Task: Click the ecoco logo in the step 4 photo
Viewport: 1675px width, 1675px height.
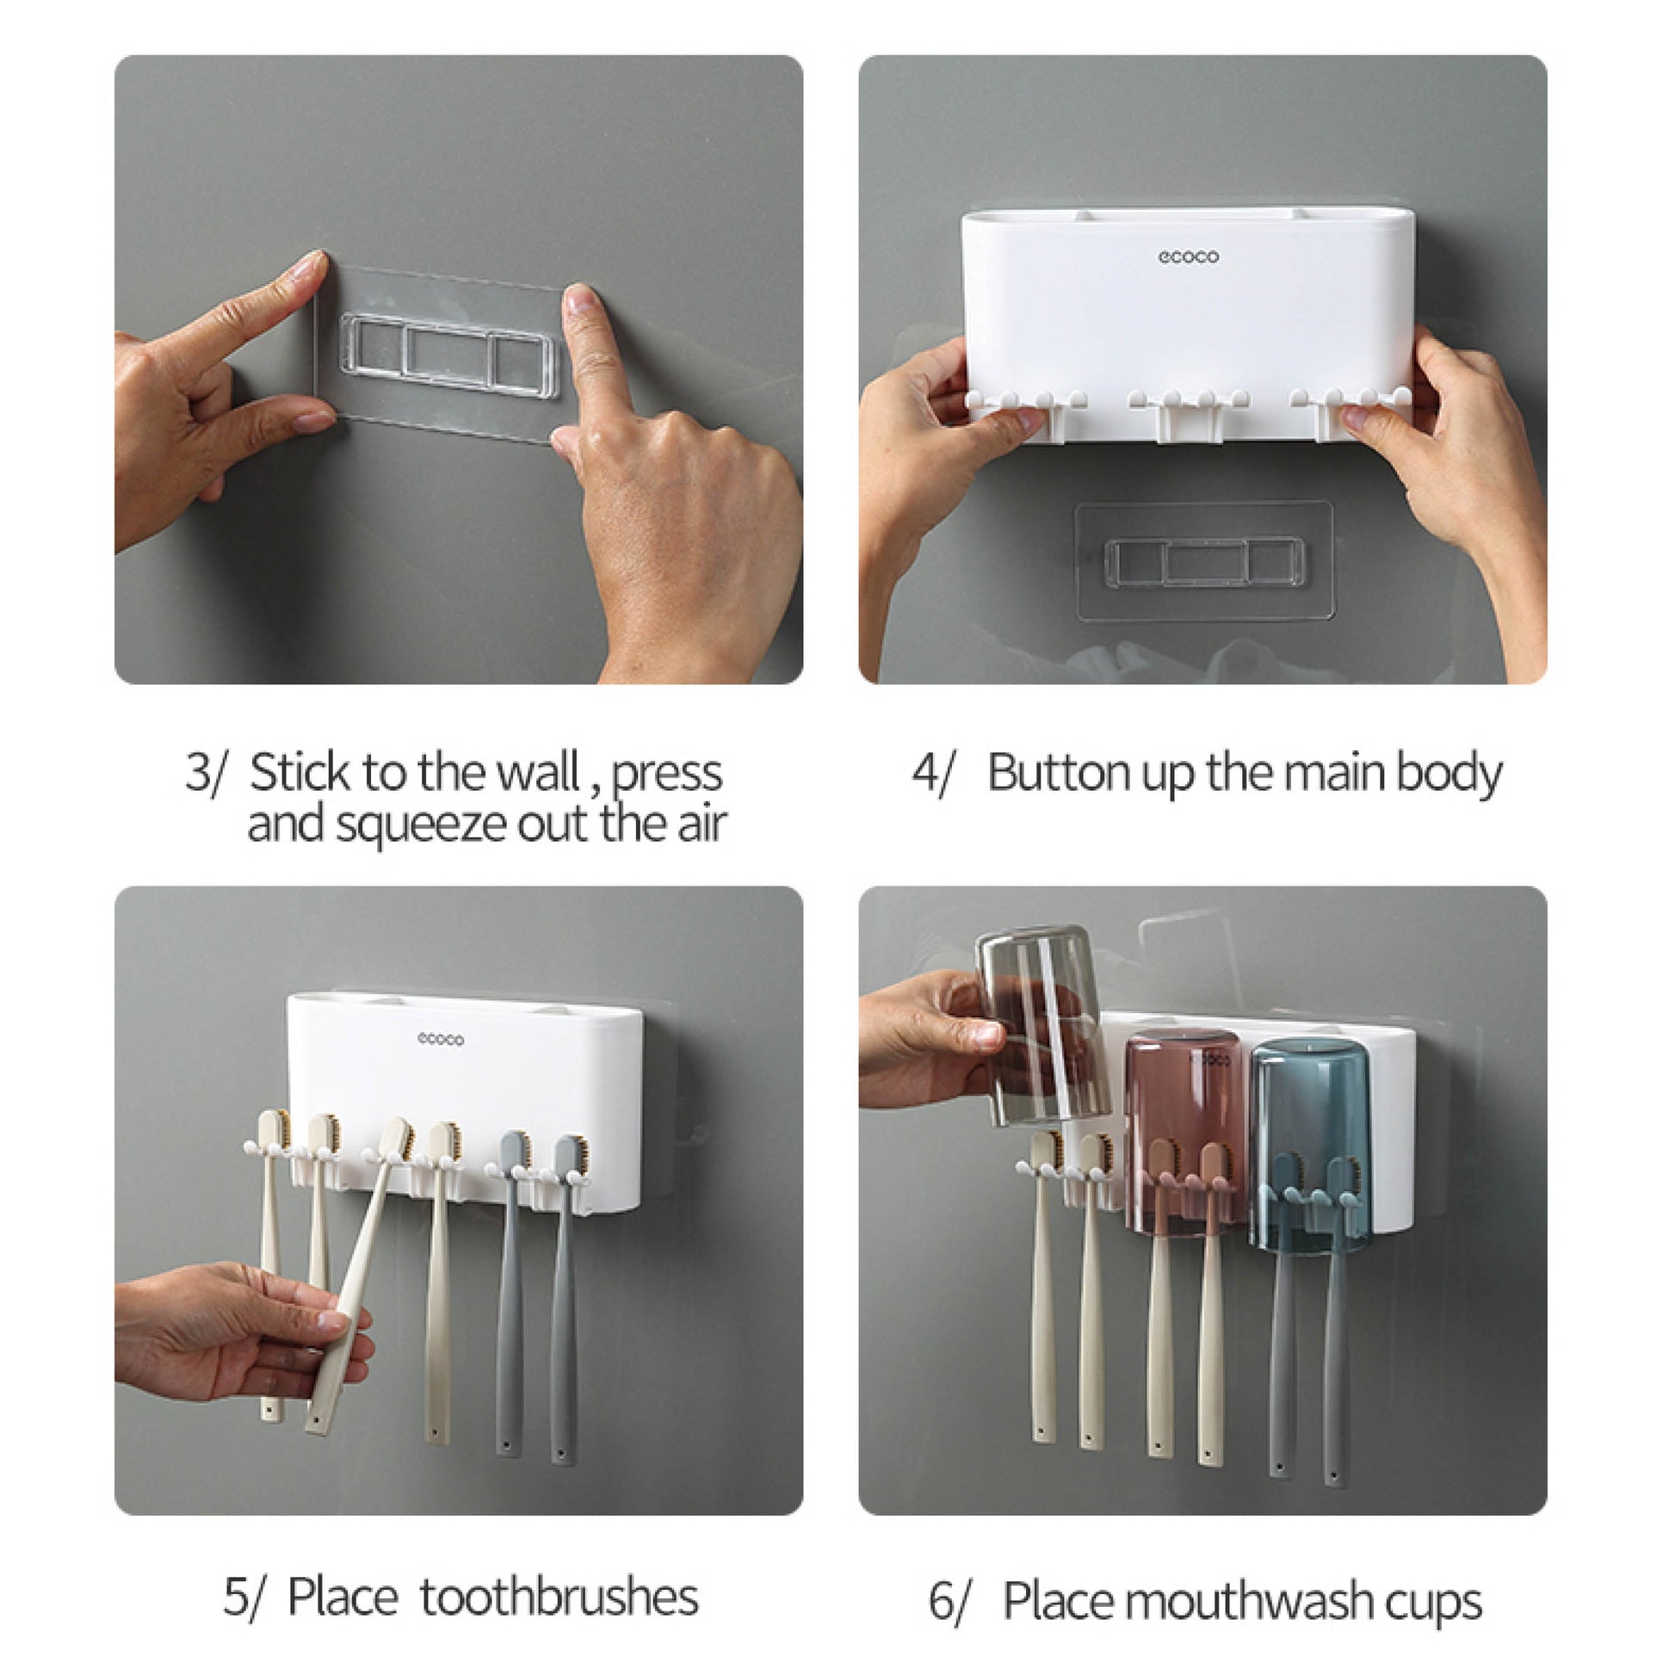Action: [x=1189, y=257]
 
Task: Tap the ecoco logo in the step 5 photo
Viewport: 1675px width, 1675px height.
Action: [x=441, y=1039]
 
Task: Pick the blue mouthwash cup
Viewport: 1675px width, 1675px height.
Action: [x=1311, y=1149]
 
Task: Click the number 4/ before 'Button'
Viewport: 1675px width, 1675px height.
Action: [x=932, y=771]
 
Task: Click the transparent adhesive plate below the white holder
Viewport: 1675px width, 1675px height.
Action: [x=1203, y=561]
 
